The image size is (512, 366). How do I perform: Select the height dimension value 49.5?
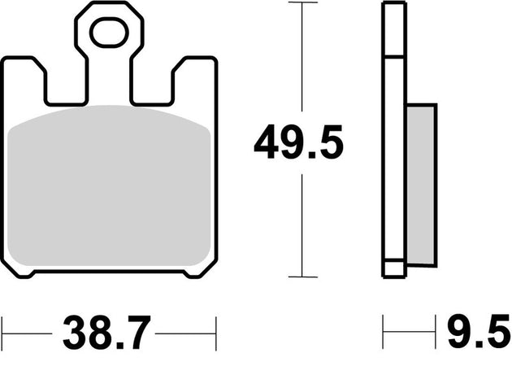point(298,144)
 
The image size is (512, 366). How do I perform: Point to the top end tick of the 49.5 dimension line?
point(302,3)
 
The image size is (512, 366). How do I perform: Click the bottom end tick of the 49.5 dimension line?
point(302,277)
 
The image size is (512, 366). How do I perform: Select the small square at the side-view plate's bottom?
point(393,268)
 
